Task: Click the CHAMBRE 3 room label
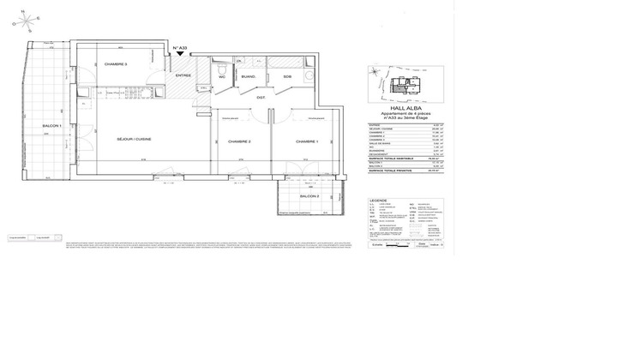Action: [x=116, y=64]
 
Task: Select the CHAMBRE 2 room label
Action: [x=237, y=141]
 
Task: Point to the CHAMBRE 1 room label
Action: [x=307, y=141]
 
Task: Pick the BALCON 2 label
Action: [x=309, y=197]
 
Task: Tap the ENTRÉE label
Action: [x=184, y=76]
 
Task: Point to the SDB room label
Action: [x=287, y=76]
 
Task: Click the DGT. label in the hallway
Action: [x=260, y=99]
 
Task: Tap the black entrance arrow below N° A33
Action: [x=181, y=55]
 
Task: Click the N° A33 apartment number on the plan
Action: [x=181, y=48]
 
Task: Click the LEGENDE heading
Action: [x=378, y=201]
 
